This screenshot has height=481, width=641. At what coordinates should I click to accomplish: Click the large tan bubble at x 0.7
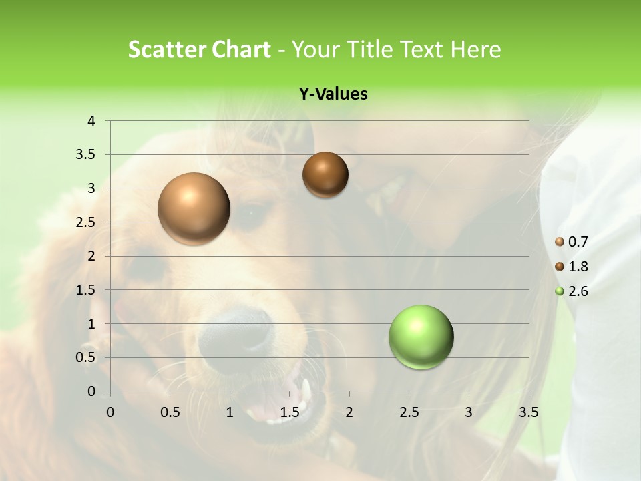click(x=194, y=208)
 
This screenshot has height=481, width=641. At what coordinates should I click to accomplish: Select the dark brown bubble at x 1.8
click(x=325, y=174)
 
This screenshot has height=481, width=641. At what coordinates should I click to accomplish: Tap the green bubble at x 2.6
click(x=421, y=337)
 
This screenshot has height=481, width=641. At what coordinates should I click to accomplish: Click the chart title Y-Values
click(x=333, y=94)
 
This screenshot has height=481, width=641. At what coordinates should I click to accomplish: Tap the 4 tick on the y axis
click(x=91, y=121)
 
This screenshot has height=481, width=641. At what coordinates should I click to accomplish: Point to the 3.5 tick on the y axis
click(x=86, y=155)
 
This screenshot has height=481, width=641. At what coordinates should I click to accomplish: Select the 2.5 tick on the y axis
click(x=86, y=222)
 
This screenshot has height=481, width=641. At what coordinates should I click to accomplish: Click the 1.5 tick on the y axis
click(x=86, y=290)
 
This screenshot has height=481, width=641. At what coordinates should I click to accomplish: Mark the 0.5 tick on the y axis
click(x=86, y=357)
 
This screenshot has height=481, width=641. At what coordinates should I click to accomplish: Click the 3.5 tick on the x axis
click(x=529, y=412)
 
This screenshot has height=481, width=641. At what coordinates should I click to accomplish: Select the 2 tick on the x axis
click(x=349, y=412)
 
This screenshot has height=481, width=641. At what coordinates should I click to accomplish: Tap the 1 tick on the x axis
click(x=230, y=412)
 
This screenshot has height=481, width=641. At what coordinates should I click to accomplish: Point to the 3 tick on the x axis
click(x=469, y=412)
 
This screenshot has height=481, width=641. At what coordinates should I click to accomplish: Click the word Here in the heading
click(x=475, y=49)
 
